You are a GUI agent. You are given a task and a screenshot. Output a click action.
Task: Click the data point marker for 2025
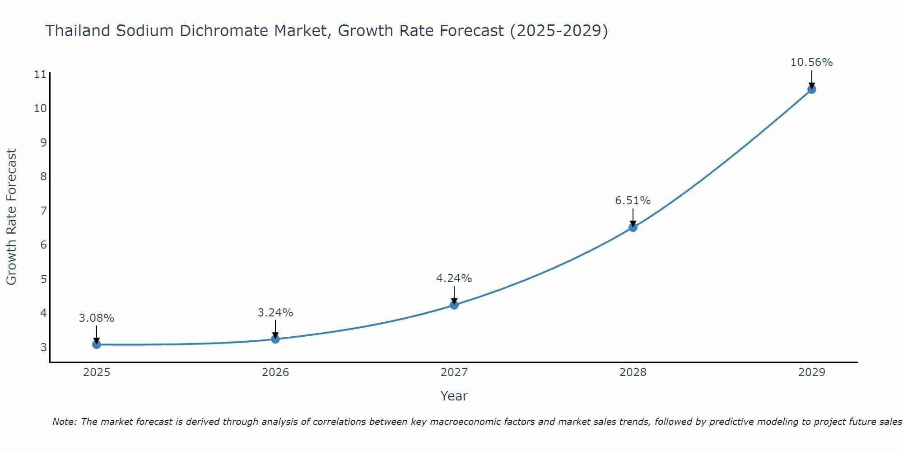[x=97, y=344]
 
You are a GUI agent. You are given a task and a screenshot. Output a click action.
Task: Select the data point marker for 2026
[x=275, y=339]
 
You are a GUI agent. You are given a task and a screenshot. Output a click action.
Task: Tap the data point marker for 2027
[x=454, y=305]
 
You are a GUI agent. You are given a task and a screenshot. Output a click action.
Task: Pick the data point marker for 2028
[x=633, y=227]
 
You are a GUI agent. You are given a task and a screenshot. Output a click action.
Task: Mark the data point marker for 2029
[x=811, y=89]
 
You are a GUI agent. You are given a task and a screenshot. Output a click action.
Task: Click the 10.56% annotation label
[x=811, y=62]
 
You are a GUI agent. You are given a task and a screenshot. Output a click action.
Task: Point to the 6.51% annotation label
[x=633, y=200]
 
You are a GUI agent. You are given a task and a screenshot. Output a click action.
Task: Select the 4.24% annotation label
[x=454, y=278]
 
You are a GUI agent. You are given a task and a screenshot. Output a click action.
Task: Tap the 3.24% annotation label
[x=275, y=312]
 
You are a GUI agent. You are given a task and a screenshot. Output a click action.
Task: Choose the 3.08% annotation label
[x=97, y=318]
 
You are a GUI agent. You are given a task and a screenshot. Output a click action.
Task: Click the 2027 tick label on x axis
[x=454, y=372]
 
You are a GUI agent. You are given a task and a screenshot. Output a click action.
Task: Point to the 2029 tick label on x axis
[x=811, y=372]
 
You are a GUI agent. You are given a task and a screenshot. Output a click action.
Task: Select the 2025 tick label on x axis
[x=97, y=372]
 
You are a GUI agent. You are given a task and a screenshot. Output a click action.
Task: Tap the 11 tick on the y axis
[x=40, y=74]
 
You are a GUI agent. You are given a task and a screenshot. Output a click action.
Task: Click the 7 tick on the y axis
[x=43, y=211]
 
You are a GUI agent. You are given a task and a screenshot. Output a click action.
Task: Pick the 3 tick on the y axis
[x=43, y=347]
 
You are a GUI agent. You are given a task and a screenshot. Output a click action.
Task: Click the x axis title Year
[x=454, y=396]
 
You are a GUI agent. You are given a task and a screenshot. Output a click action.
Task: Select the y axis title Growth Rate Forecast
[x=12, y=217]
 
